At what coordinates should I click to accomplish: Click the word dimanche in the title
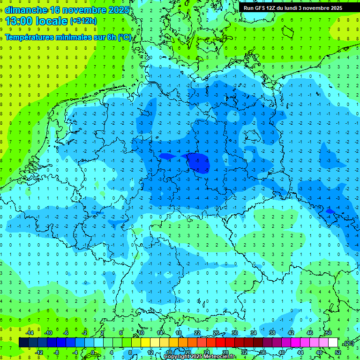(26, 10)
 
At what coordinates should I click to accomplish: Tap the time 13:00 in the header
(21, 21)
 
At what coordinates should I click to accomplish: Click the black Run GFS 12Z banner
(293, 8)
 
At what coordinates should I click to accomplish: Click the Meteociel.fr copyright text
(200, 357)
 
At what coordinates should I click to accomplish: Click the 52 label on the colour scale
(338, 352)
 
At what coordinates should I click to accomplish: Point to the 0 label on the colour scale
(92, 352)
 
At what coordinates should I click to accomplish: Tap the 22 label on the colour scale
(197, 333)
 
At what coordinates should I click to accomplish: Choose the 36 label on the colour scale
(262, 352)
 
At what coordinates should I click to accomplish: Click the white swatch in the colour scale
(333, 343)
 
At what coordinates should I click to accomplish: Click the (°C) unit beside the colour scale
(349, 343)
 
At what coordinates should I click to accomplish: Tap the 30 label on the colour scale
(234, 333)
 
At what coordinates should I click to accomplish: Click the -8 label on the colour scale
(57, 352)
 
